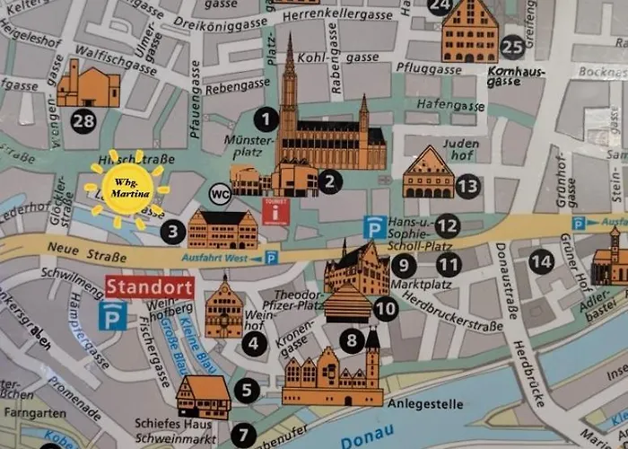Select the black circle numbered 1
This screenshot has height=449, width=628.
tap(265, 117)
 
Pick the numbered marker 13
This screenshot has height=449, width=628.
tap(467, 186)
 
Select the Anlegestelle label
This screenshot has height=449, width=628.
tap(425, 404)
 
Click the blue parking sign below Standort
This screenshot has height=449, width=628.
tap(114, 315)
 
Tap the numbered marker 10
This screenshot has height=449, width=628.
tap(386, 309)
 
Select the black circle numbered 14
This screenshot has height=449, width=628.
tap(540, 262)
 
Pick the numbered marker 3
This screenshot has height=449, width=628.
tap(173, 232)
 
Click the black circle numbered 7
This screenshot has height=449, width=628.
tap(242, 435)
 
